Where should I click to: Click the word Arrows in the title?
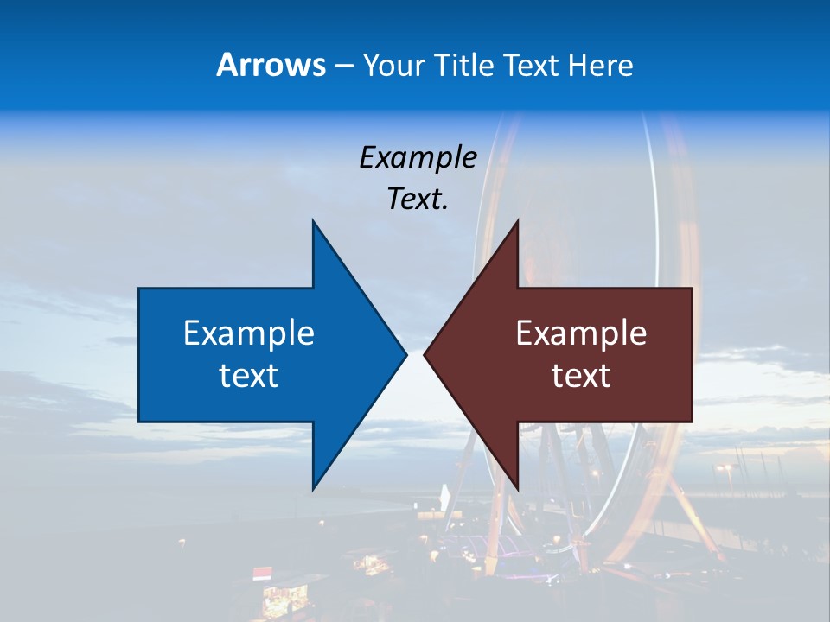click(271, 65)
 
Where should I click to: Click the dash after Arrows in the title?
click(343, 66)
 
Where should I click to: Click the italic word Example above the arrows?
click(418, 157)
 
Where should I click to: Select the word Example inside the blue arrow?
click(249, 333)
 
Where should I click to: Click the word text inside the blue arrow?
click(249, 375)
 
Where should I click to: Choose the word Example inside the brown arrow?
click(581, 333)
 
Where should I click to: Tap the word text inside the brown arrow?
click(581, 375)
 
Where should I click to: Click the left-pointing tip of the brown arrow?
click(425, 354)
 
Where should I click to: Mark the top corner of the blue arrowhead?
click(313, 221)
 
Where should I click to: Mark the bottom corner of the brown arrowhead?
click(517, 488)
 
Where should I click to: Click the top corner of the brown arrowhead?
click(517, 221)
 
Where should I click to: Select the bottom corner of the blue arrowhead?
click(313, 488)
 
